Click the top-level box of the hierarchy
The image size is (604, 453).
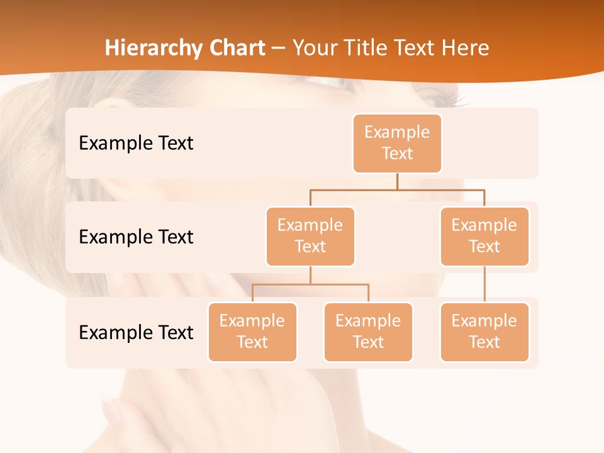tap(397, 143)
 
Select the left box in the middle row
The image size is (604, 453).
tap(310, 237)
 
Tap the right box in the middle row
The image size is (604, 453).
tap(484, 237)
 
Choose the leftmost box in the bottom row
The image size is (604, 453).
tap(252, 332)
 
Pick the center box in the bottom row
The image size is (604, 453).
tap(368, 332)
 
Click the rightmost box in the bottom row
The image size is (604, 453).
tap(484, 332)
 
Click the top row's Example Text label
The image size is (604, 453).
tap(136, 143)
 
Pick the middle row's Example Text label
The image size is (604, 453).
tap(136, 237)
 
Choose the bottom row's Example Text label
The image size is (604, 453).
tap(136, 332)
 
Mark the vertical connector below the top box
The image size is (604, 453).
tap(397, 181)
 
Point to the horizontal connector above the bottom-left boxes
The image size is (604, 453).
tap(310, 284)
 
